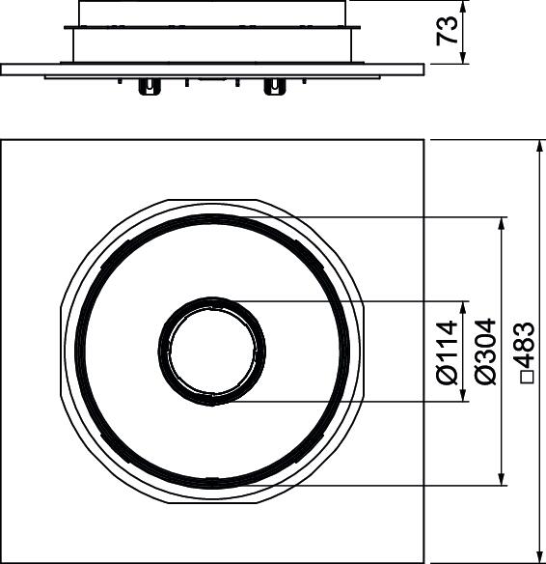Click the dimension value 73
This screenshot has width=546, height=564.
pos(448,30)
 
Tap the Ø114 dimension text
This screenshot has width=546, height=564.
pos(448,352)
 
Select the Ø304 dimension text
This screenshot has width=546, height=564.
pos(485,352)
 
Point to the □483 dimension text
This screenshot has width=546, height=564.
pos(524,352)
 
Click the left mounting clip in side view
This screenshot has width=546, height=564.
pos(150,87)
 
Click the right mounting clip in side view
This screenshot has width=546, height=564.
pos(275,87)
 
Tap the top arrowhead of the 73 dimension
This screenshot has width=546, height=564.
pos(463,7)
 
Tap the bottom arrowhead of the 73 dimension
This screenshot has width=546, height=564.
pos(463,58)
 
